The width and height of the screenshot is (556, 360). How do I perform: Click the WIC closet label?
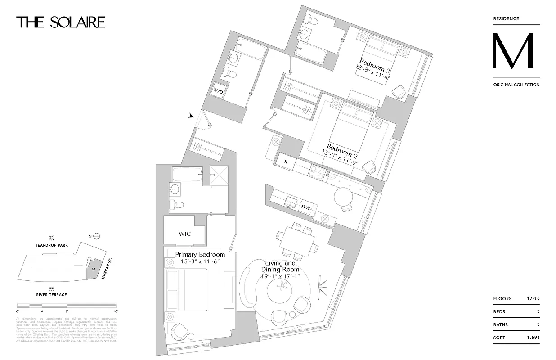pos(185,234)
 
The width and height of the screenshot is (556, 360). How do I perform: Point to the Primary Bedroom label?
pos(200,254)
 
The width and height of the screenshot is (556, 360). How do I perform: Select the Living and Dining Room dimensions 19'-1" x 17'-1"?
pos(280,276)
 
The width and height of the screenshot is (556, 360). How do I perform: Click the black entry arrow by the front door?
pos(191,116)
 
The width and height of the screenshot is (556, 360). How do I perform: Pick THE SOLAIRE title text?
pos(61,22)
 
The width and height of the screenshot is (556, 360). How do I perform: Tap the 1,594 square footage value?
pos(533,337)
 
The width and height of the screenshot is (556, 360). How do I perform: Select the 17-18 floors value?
pos(533,299)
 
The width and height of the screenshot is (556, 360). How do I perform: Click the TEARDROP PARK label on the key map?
pos(52,245)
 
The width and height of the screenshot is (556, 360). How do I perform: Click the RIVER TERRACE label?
pos(52,295)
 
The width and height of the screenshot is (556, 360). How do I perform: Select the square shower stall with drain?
pos(220,175)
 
